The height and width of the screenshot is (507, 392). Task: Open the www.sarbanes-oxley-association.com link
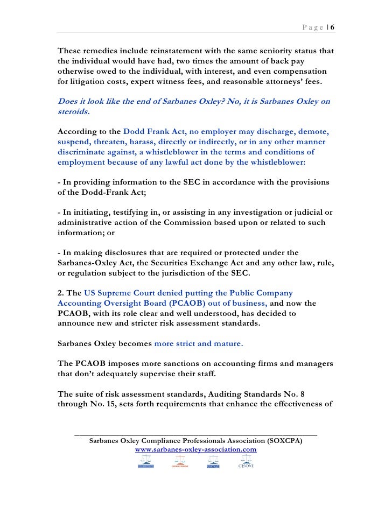(195, 449)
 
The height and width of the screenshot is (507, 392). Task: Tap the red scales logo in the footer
(178, 461)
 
